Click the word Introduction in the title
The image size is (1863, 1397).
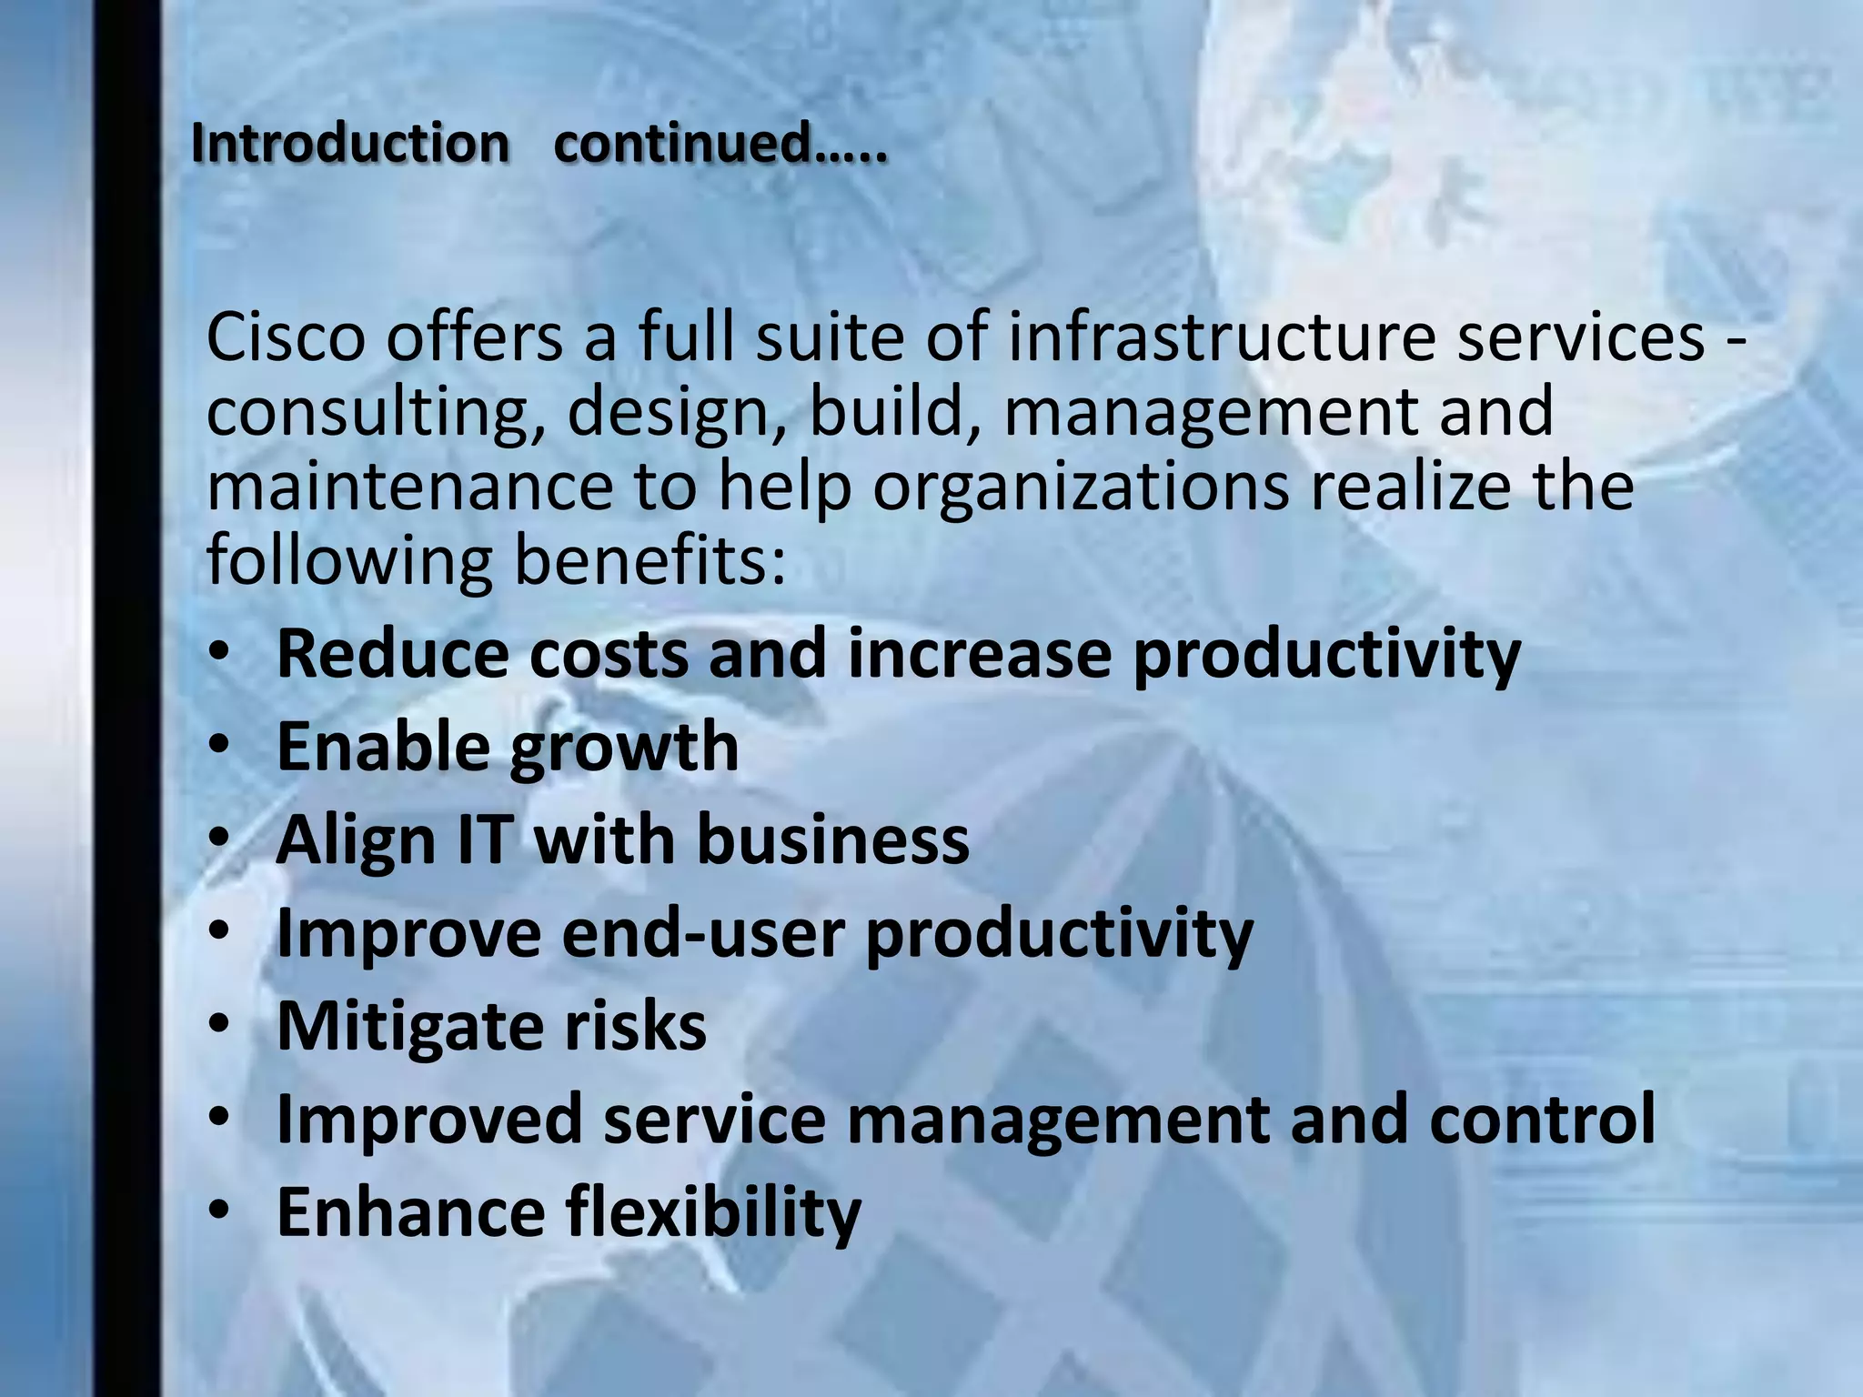350,144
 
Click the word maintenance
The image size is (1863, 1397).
410,486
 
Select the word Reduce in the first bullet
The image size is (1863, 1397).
392,653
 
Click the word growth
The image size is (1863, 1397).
623,749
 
